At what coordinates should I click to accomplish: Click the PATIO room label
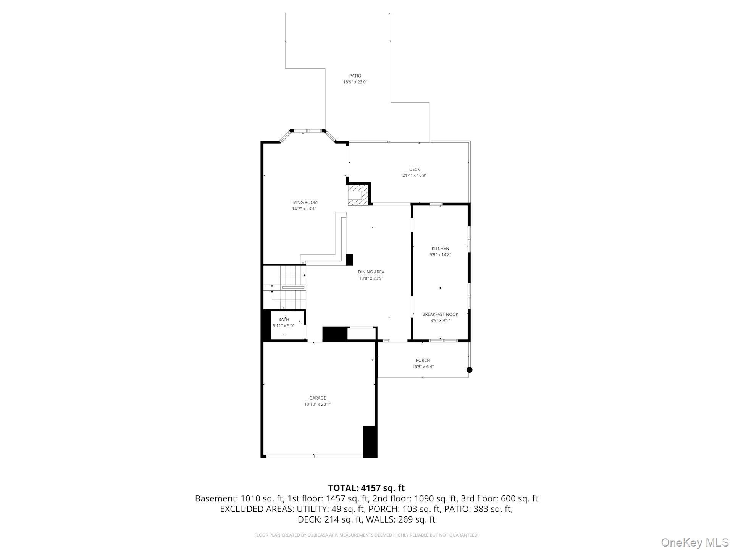pyautogui.click(x=355, y=76)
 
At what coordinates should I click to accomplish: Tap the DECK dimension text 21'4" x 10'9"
pyautogui.click(x=414, y=176)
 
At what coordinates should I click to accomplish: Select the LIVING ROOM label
pyautogui.click(x=304, y=202)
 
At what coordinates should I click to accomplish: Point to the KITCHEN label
pyautogui.click(x=440, y=249)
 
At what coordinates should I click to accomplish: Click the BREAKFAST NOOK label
pyautogui.click(x=440, y=314)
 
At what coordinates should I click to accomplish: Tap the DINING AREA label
pyautogui.click(x=371, y=272)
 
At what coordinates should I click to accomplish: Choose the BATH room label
pyautogui.click(x=284, y=319)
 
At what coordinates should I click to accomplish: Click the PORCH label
pyautogui.click(x=423, y=360)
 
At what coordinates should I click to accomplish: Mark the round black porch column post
pyautogui.click(x=470, y=370)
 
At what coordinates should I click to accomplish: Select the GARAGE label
pyautogui.click(x=317, y=398)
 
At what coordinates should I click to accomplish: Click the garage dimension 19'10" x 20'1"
pyautogui.click(x=317, y=404)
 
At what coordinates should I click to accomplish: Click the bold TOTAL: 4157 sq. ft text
pyautogui.click(x=366, y=488)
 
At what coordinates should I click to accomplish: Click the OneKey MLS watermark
pyautogui.click(x=694, y=542)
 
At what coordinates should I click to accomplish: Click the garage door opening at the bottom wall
pyautogui.click(x=314, y=456)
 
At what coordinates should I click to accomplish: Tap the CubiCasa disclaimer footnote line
pyautogui.click(x=366, y=535)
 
